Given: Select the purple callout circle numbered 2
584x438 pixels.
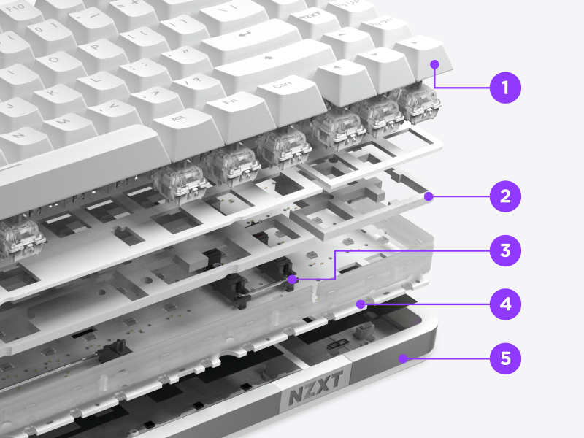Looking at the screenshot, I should click(505, 196).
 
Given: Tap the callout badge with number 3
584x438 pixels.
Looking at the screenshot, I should click(505, 250).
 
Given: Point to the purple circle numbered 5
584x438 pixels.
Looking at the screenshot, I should click(505, 358).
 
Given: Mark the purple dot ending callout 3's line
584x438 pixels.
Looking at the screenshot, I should click(291, 279).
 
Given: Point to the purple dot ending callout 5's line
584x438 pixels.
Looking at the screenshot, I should click(403, 358).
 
